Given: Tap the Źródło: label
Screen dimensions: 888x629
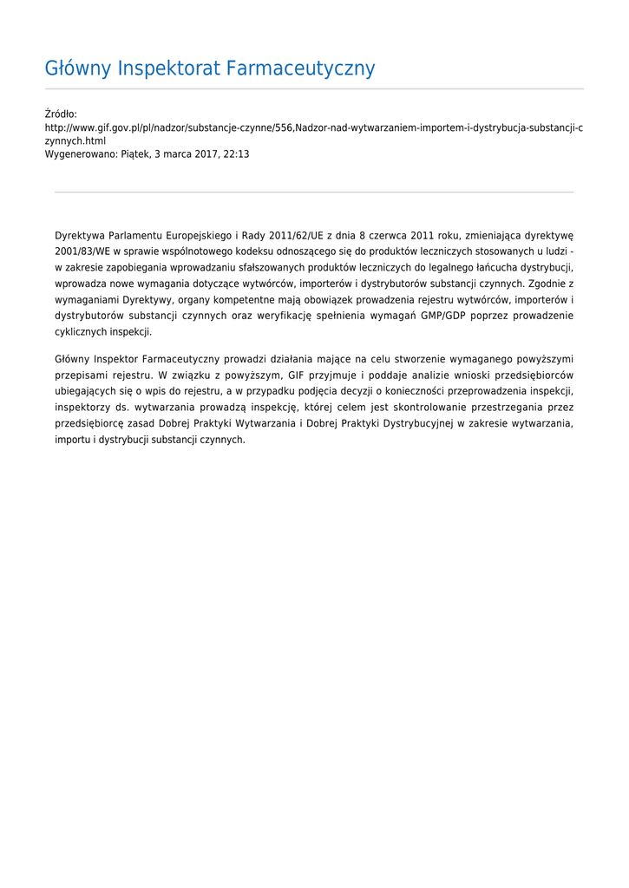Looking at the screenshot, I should point(61,114).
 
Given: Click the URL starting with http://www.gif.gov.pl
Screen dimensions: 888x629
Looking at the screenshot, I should point(313,127).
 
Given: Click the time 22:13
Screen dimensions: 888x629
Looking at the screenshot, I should point(236,153).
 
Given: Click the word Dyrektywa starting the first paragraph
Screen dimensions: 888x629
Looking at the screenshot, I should point(79,235).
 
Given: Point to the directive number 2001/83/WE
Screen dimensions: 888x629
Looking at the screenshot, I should point(82,251).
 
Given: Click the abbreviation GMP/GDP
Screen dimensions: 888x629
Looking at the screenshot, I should point(442,316).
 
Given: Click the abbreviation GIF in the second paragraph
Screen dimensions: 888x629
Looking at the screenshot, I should point(297,375).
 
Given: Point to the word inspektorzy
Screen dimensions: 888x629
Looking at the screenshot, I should point(82,407).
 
